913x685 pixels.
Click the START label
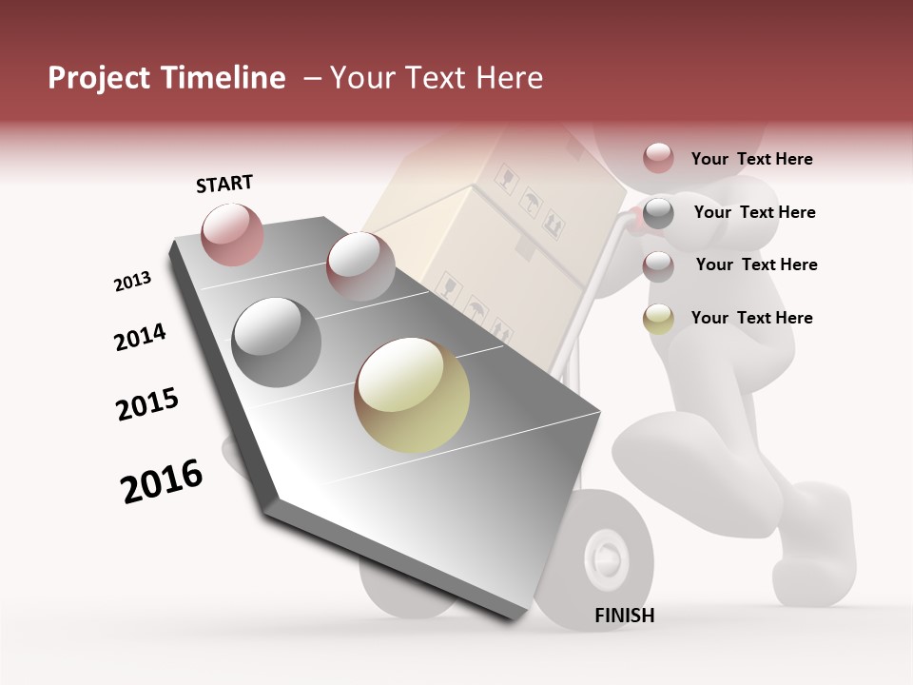click(x=224, y=184)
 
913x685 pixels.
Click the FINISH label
click(x=625, y=616)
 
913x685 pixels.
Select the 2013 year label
click(x=132, y=282)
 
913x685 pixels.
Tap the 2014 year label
click(x=140, y=338)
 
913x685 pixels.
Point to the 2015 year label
click(x=147, y=404)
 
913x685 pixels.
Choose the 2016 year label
click(x=162, y=481)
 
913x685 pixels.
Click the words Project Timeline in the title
click(x=166, y=78)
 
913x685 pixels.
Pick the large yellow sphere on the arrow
click(x=412, y=395)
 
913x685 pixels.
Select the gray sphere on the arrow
click(x=277, y=342)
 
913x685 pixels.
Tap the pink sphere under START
click(x=233, y=234)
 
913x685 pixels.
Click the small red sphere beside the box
click(x=359, y=265)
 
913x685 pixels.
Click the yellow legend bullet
click(x=658, y=319)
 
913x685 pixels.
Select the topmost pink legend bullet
click(x=658, y=158)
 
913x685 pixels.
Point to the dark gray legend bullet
click(x=658, y=213)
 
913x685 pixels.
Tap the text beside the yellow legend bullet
click(x=751, y=318)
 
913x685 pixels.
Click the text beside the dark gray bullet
click(x=754, y=212)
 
